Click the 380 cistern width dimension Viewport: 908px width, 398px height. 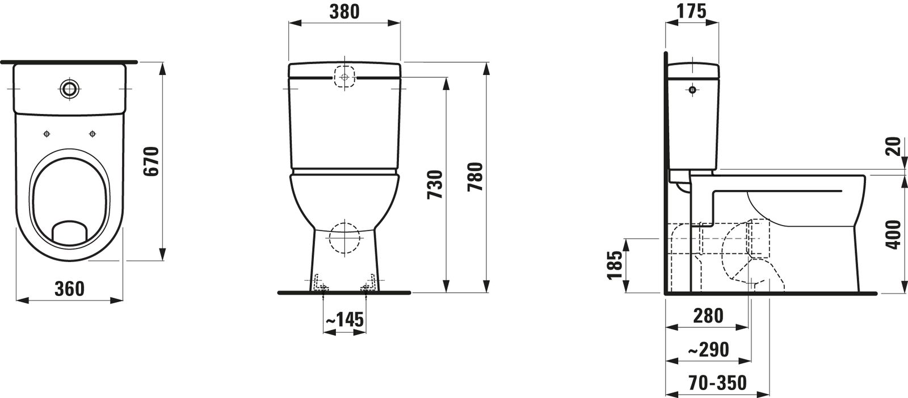pyautogui.click(x=344, y=12)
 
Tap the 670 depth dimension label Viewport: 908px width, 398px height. pyautogui.click(x=152, y=161)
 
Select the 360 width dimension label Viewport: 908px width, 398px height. pyautogui.click(x=69, y=289)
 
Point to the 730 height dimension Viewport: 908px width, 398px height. pyautogui.click(x=435, y=185)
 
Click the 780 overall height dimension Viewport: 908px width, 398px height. pyautogui.click(x=476, y=177)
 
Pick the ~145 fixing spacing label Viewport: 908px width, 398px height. pyautogui.click(x=345, y=320)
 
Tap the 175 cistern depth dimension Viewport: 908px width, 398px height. pyautogui.click(x=692, y=11)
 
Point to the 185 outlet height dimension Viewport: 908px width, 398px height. pyautogui.click(x=615, y=265)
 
